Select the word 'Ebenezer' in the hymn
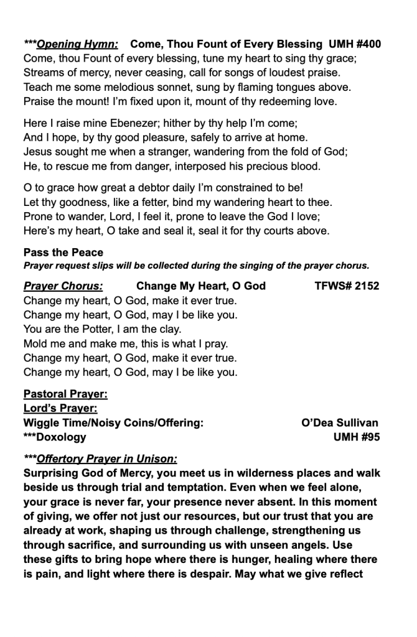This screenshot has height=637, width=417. pyautogui.click(x=119, y=123)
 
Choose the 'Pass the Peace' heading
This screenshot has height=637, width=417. pyautogui.click(x=63, y=253)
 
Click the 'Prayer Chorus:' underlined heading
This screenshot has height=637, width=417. pyautogui.click(x=63, y=286)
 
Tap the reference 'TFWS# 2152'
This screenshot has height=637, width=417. pyautogui.click(x=347, y=286)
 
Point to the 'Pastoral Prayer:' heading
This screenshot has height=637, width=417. pyautogui.click(x=65, y=394)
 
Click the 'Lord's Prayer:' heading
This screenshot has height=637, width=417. pyautogui.click(x=60, y=408)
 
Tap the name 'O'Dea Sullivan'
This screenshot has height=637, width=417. pyautogui.click(x=339, y=423)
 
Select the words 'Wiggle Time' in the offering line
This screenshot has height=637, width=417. pyautogui.click(x=54, y=423)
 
